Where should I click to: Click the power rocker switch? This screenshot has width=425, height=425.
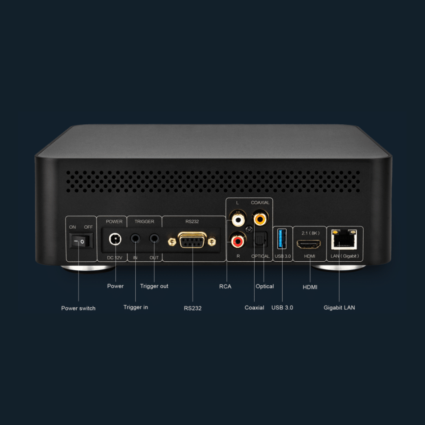(x=81, y=241)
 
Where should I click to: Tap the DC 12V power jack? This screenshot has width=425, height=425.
(x=115, y=239)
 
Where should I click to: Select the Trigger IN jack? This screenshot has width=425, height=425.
(x=135, y=238)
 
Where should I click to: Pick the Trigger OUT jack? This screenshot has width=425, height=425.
(x=154, y=238)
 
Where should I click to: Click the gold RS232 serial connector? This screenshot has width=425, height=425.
(x=192, y=240)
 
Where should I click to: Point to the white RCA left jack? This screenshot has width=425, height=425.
(x=238, y=218)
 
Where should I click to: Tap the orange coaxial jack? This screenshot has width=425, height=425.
(x=260, y=218)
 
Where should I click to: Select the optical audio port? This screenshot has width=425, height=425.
(x=260, y=240)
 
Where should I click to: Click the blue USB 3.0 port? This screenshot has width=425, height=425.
(x=282, y=238)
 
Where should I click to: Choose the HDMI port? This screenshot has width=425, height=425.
(x=309, y=244)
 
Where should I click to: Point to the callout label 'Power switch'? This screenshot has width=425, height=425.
(x=78, y=308)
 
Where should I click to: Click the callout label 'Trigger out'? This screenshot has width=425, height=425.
(x=154, y=286)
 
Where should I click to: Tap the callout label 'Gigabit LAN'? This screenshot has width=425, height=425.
(x=339, y=307)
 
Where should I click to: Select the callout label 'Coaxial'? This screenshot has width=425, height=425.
(x=254, y=307)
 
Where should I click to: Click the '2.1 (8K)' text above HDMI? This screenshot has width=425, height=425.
(x=310, y=233)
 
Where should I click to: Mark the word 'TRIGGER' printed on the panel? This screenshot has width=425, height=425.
(x=144, y=222)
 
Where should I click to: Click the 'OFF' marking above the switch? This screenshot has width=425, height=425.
(x=89, y=227)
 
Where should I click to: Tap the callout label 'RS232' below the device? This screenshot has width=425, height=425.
(x=193, y=308)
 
